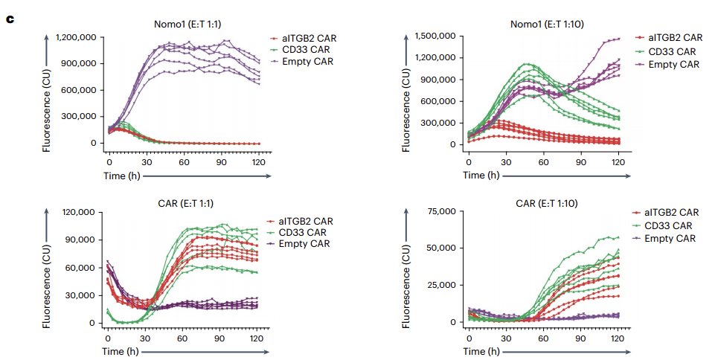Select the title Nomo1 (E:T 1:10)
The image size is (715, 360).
[x=546, y=24]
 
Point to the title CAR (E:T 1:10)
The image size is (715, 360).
[x=547, y=202]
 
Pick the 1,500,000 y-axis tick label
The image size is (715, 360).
[x=434, y=36]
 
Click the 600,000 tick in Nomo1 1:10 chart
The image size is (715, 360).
[x=439, y=101]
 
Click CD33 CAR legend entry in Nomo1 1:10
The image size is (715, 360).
[x=673, y=51]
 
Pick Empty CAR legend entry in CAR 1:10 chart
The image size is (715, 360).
[x=669, y=239]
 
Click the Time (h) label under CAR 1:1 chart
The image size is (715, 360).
[x=122, y=351]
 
